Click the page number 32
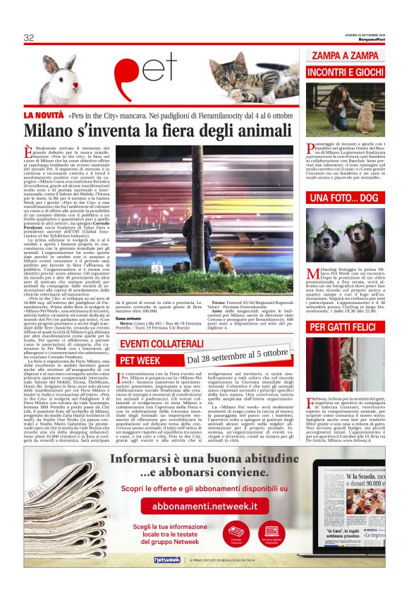(x=29, y=37)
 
